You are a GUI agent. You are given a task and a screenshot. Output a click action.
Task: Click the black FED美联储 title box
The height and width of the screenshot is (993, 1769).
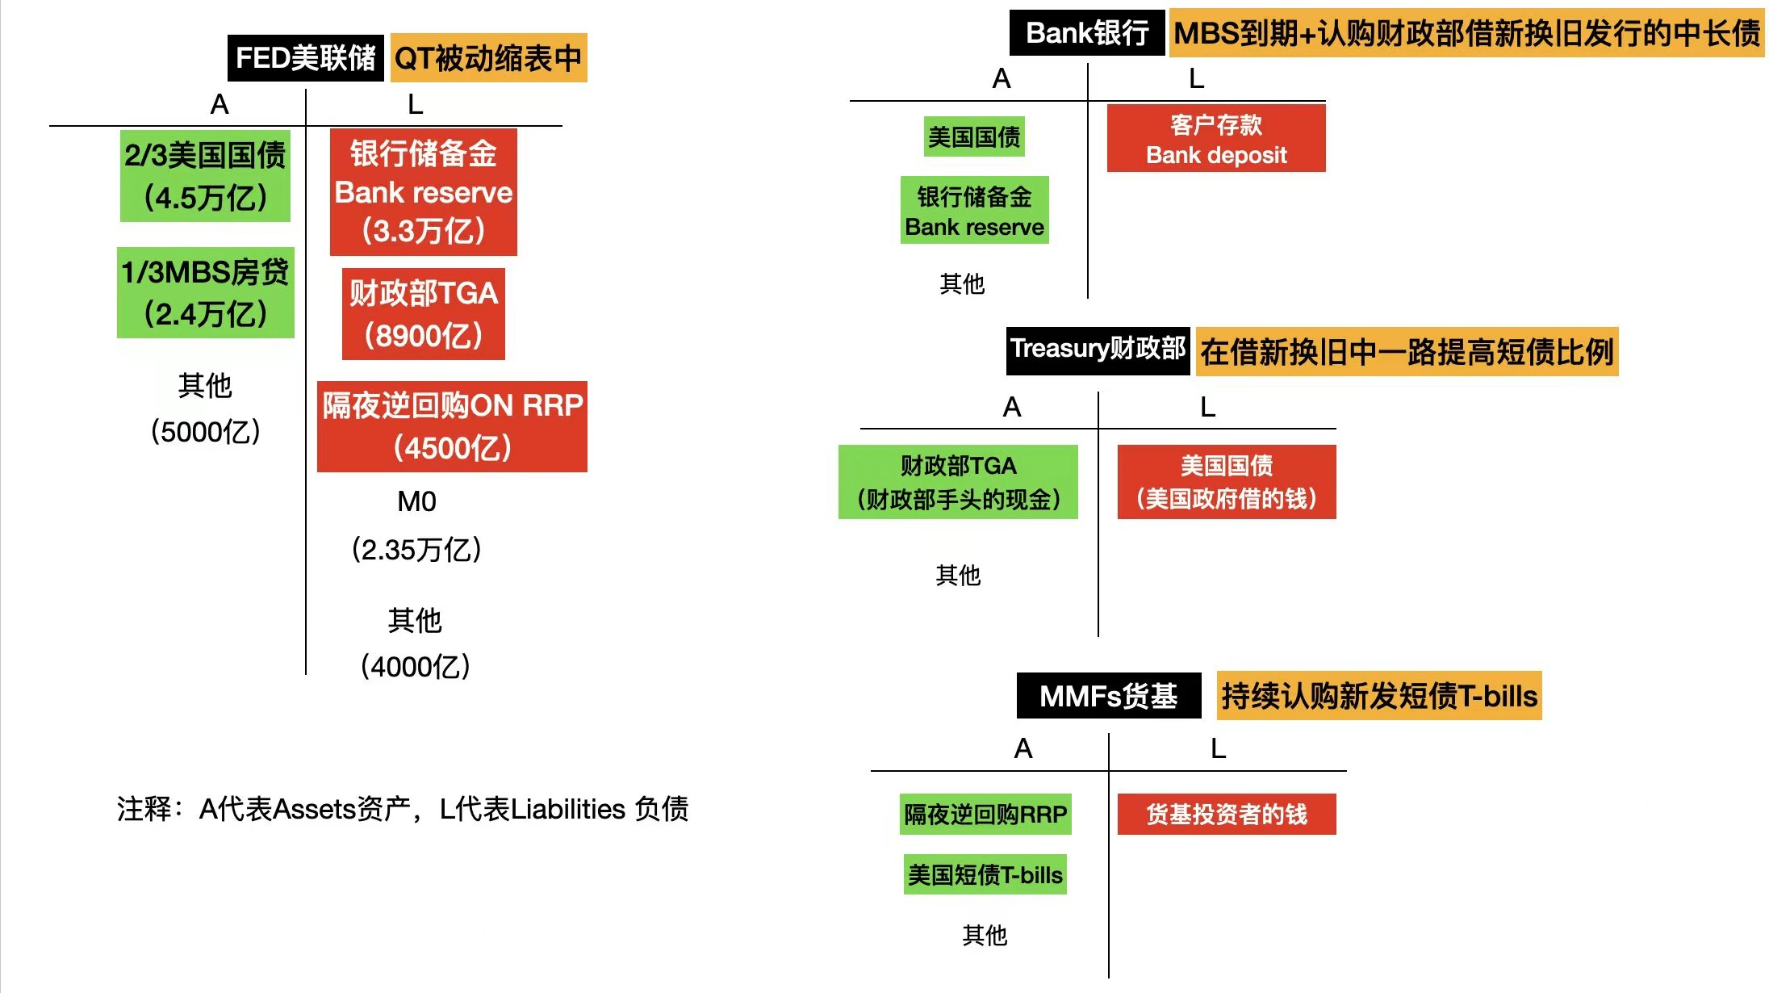point(305,58)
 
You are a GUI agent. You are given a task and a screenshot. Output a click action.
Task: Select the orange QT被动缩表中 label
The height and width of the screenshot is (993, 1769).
point(488,58)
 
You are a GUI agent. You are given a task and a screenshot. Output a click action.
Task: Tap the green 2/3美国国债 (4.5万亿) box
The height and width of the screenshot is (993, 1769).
point(205,176)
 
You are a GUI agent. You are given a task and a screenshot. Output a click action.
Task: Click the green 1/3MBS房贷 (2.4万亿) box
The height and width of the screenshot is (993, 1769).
point(205,293)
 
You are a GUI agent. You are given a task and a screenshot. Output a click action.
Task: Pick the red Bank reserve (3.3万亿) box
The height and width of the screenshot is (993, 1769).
point(423,192)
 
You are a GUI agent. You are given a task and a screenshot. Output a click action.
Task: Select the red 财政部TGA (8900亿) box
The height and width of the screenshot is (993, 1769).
point(423,314)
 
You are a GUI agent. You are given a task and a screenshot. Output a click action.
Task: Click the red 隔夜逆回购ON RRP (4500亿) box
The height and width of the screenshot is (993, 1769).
point(452,426)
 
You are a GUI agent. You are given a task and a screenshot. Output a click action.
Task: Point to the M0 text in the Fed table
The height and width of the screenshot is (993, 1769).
point(416,502)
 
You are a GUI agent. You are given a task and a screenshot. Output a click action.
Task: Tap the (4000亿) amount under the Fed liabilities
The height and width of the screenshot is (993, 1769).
point(415,667)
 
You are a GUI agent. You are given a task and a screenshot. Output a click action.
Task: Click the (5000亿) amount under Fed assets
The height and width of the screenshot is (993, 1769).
point(205,432)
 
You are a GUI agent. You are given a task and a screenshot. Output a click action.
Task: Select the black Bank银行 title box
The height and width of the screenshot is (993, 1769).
point(1086,33)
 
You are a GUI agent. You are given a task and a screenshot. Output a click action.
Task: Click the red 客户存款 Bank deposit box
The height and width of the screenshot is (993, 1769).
point(1215,139)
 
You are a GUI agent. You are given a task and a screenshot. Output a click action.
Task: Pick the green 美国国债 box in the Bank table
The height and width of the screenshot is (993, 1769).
point(974,137)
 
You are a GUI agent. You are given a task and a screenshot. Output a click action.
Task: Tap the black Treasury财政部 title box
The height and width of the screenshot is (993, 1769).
point(1098,350)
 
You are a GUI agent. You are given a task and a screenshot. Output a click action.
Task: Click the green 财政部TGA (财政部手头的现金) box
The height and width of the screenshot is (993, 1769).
point(958,482)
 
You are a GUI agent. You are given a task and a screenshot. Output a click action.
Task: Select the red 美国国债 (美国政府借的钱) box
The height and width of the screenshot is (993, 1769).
point(1226,482)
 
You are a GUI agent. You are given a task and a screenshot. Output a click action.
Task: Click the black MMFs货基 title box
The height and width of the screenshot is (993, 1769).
point(1108,696)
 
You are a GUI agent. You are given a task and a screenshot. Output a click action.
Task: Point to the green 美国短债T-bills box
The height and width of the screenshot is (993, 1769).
point(985,875)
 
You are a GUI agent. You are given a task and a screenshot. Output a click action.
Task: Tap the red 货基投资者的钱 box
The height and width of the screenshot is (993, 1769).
point(1226,815)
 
